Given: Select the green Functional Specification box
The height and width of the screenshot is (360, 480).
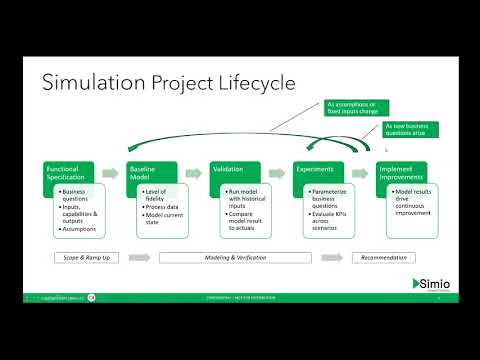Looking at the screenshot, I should pos(69,173).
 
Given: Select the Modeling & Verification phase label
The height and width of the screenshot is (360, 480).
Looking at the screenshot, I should pos(234,258).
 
